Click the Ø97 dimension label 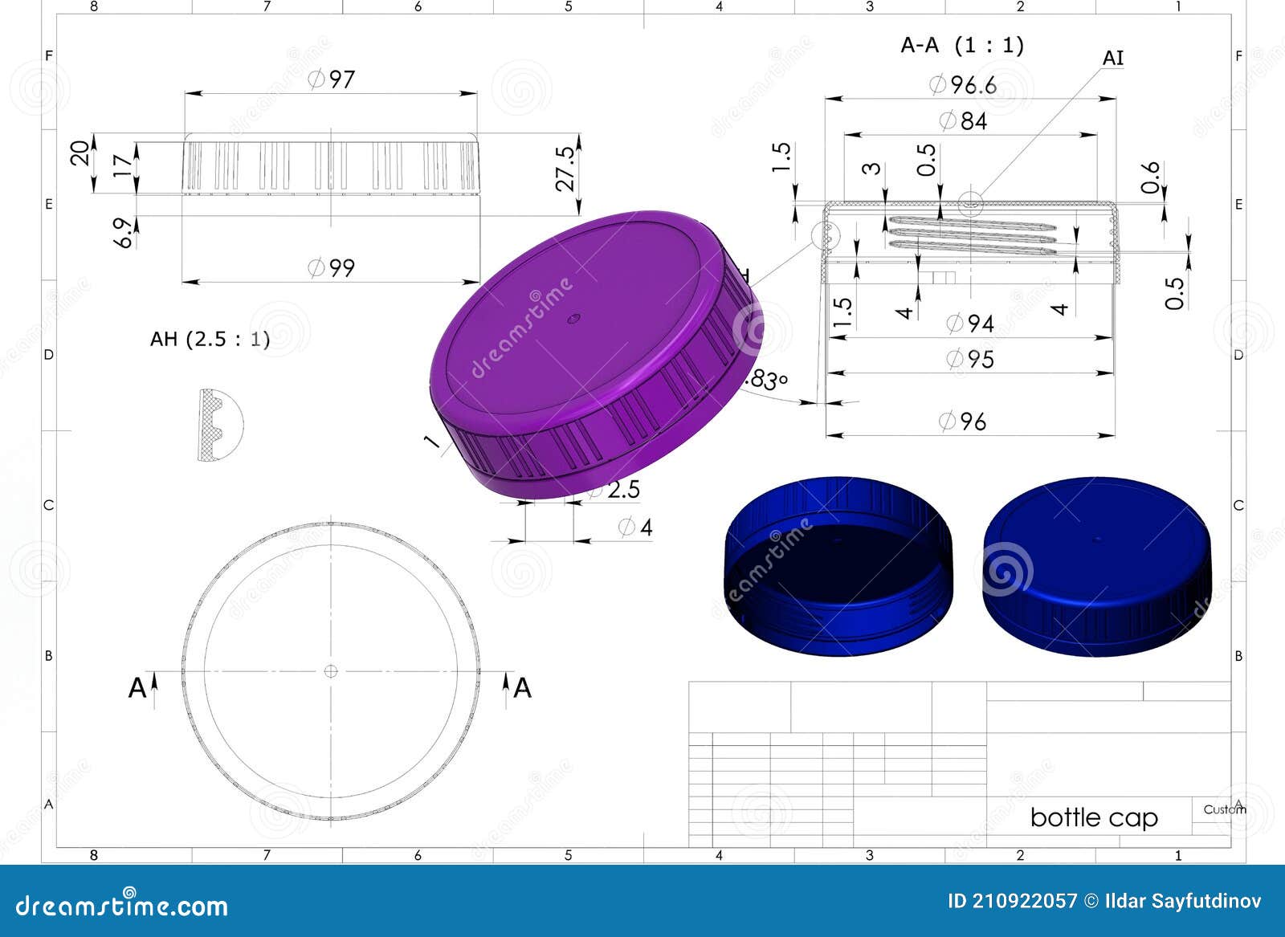[331, 79]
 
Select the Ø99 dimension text [331, 267]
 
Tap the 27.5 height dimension [567, 168]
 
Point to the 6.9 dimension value [124, 233]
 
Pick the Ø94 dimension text [969, 324]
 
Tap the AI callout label [1112, 58]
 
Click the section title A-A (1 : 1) [962, 45]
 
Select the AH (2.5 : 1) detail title [210, 339]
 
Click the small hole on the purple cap [573, 319]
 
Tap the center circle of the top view [331, 670]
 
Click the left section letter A [137, 688]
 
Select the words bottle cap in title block [1093, 817]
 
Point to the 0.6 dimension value [1151, 177]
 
